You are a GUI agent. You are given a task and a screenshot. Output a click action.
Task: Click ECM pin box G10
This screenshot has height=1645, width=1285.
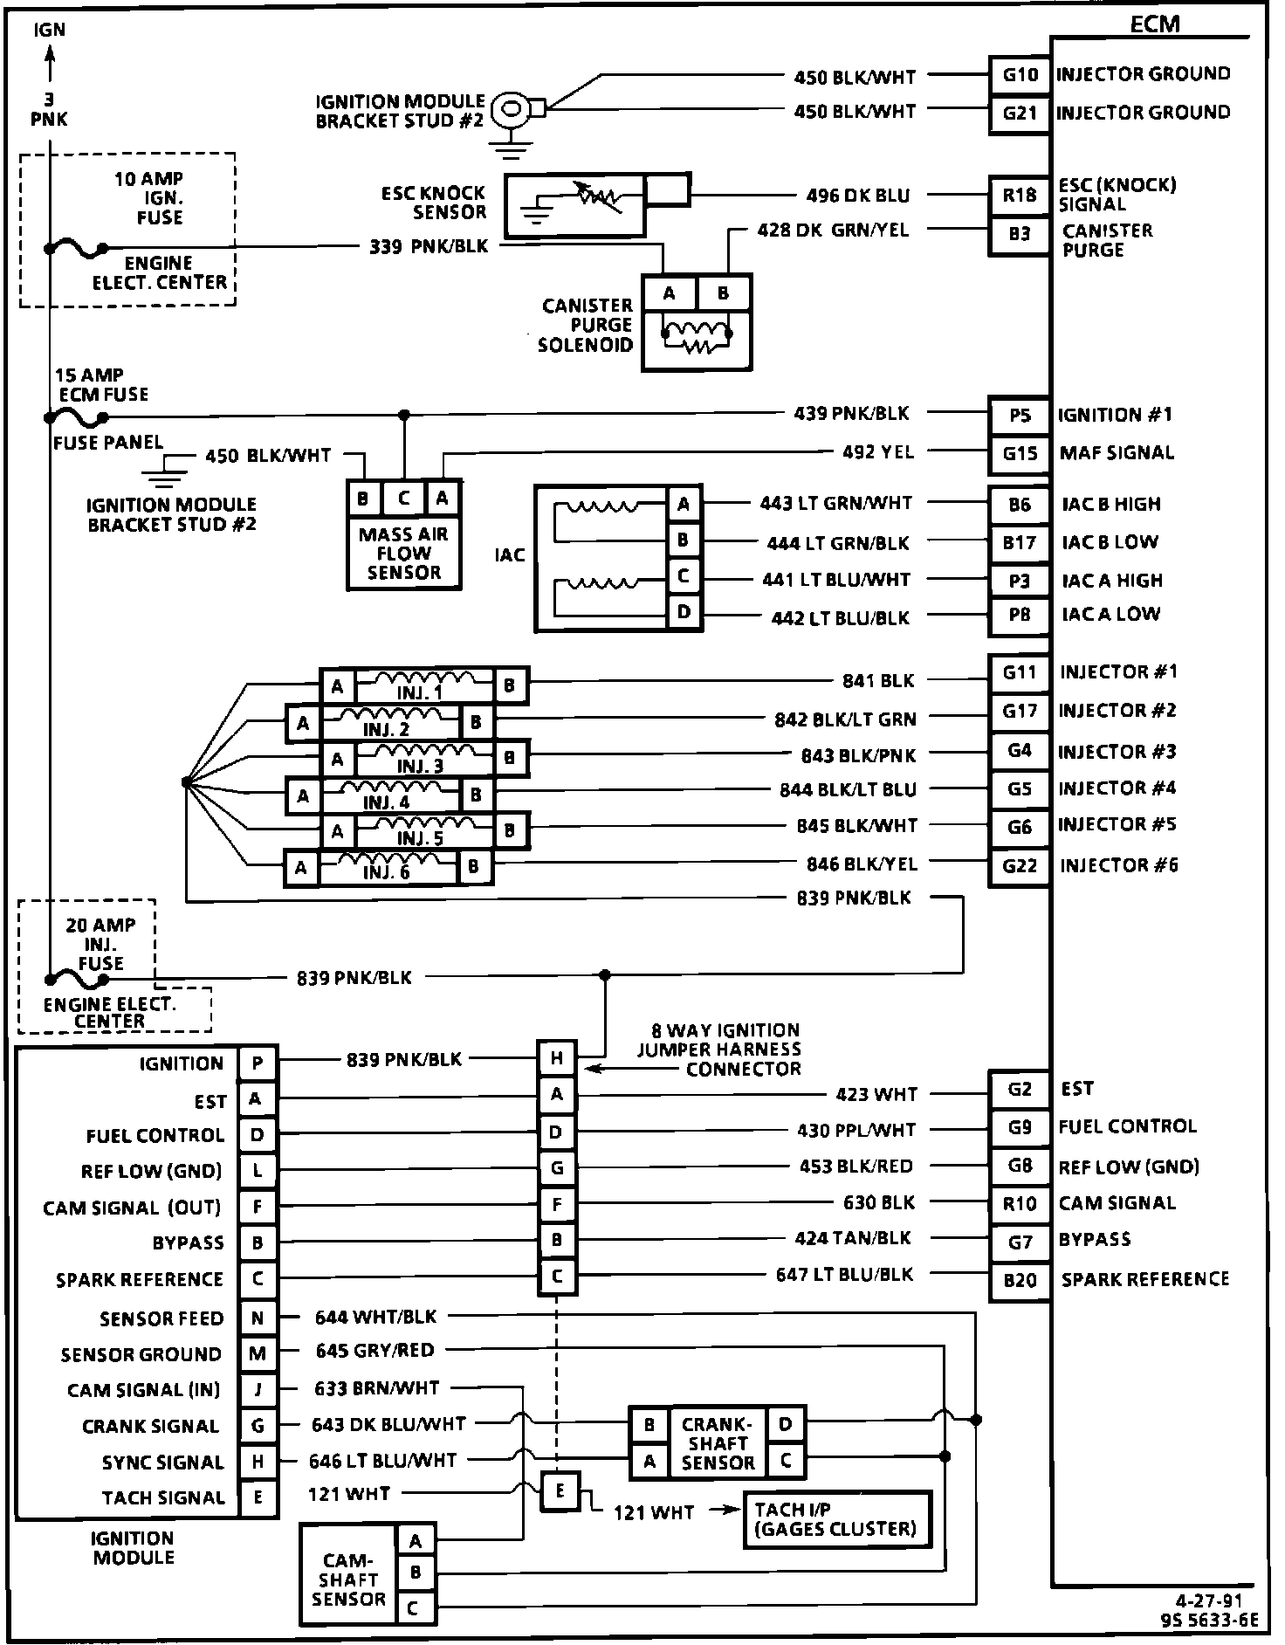pyautogui.click(x=1019, y=74)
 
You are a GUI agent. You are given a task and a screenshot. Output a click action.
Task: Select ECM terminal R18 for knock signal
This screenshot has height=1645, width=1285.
pyautogui.click(x=1019, y=195)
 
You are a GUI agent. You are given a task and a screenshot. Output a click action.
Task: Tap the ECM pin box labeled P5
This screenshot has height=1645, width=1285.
pyautogui.click(x=1019, y=416)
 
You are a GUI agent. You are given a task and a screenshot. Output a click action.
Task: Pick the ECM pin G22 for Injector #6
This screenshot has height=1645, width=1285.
pyautogui.click(x=1019, y=865)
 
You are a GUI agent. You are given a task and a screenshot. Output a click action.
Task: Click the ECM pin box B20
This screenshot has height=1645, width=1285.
pyautogui.click(x=1019, y=1280)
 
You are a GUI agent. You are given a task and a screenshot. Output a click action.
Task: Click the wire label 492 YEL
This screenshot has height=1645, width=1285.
pyautogui.click(x=878, y=452)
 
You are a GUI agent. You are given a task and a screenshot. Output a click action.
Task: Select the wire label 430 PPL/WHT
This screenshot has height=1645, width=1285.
pyautogui.click(x=856, y=1131)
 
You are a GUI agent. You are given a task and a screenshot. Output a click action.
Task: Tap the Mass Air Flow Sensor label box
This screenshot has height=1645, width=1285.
pyautogui.click(x=403, y=553)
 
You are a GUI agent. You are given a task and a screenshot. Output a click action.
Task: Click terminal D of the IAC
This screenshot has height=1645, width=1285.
pyautogui.click(x=684, y=613)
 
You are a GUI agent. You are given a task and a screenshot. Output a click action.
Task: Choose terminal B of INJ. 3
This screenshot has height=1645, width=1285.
pyautogui.click(x=511, y=758)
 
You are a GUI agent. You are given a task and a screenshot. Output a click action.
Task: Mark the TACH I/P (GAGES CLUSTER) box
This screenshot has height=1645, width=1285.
pyautogui.click(x=835, y=1519)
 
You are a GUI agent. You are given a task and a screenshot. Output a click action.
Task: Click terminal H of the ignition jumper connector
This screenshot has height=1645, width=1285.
pyautogui.click(x=557, y=1059)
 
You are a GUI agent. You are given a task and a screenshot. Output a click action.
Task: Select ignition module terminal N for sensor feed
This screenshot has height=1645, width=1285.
pyautogui.click(x=258, y=1318)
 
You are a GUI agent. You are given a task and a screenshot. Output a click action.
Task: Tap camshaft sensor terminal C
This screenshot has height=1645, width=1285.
pyautogui.click(x=416, y=1607)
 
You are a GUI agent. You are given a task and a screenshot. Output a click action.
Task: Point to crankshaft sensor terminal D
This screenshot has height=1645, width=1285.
pyautogui.click(x=786, y=1425)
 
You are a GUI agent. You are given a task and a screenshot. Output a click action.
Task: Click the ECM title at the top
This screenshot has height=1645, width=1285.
pyautogui.click(x=1155, y=24)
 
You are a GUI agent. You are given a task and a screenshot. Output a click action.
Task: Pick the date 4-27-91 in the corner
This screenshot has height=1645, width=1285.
pyautogui.click(x=1208, y=1600)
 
